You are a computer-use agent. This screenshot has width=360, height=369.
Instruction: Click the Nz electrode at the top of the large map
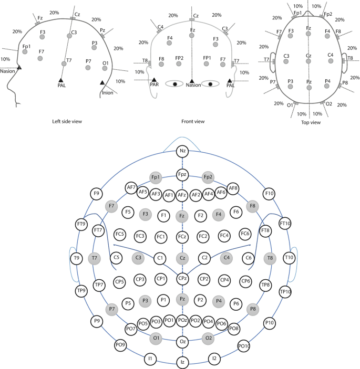click(182, 152)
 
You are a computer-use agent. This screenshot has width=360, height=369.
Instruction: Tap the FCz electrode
click(182, 237)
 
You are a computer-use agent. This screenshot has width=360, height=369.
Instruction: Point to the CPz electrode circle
click(182, 278)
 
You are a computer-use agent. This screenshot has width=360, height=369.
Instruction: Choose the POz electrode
click(182, 320)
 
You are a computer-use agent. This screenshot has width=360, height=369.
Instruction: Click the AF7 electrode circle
click(131, 187)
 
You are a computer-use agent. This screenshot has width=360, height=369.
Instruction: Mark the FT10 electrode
click(285, 224)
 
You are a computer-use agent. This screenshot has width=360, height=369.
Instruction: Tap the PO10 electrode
click(243, 345)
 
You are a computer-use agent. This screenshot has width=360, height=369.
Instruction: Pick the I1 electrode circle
click(150, 359)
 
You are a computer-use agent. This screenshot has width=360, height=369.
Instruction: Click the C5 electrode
click(117, 258)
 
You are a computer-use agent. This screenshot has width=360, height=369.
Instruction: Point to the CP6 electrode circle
click(245, 281)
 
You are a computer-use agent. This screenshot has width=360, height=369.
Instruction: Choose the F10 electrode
click(269, 194)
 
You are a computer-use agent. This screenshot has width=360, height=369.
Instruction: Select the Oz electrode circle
click(182, 342)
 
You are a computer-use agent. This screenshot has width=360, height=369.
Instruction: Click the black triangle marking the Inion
click(102, 82)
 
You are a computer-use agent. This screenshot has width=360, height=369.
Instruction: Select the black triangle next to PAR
click(154, 80)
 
